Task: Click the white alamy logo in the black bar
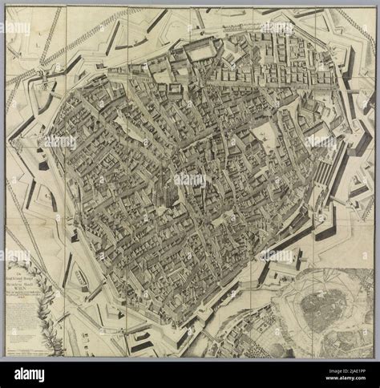(30, 373)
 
